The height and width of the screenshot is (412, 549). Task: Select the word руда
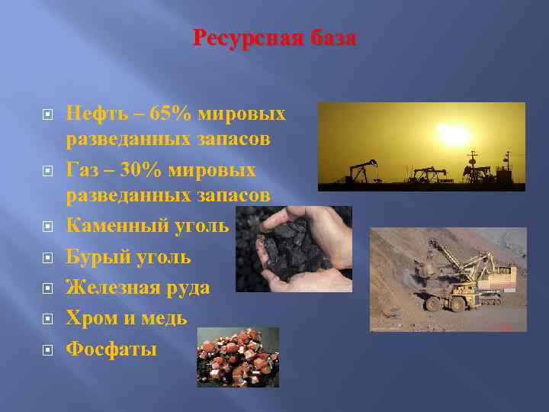point(188,288)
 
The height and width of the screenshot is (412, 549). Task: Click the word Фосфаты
point(111,349)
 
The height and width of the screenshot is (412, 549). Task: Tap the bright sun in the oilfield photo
point(453,136)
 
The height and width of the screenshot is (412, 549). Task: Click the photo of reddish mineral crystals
point(238,357)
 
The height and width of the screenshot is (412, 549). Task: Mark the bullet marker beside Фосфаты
point(47,350)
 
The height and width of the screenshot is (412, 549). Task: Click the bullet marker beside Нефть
point(47,115)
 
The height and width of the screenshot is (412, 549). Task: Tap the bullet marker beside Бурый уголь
point(47,257)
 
